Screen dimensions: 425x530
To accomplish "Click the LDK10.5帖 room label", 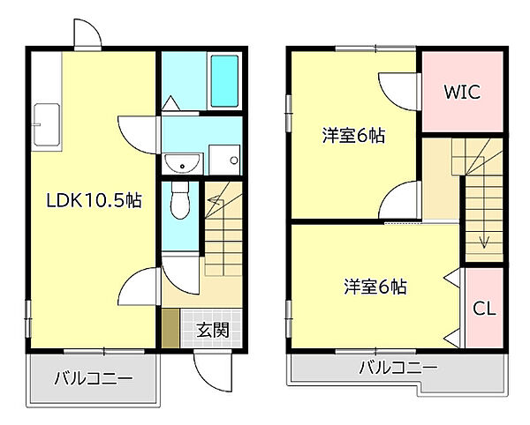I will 95,201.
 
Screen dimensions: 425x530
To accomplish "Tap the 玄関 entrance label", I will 213,331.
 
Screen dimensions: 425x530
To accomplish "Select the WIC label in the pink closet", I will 461,92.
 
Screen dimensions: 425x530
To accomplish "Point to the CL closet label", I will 484,310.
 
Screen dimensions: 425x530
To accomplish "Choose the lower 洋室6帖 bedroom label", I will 375,287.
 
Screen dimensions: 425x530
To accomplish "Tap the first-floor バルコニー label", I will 93,380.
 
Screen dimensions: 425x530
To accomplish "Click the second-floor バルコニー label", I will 397,368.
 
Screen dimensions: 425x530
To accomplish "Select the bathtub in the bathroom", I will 226,82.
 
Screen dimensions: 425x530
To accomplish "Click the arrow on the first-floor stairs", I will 214,204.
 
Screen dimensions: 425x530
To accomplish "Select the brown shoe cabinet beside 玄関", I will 170,328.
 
